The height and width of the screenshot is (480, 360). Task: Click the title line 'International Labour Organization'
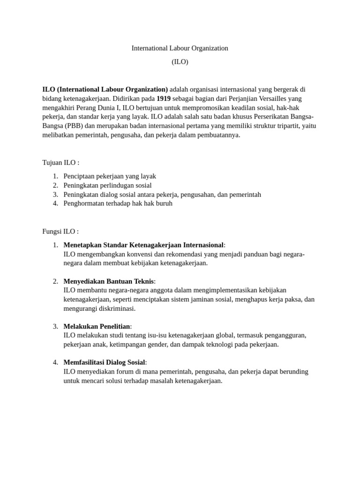tap(180, 48)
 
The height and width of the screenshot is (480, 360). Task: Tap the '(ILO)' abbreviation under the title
tap(180, 62)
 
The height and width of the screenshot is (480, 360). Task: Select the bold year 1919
tap(163, 98)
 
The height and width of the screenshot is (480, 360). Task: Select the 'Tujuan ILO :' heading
tap(61, 163)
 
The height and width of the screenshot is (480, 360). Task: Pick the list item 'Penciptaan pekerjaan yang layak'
tap(110, 176)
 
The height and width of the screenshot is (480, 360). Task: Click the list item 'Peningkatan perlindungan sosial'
tap(107, 185)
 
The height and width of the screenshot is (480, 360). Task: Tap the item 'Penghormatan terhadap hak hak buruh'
tap(118, 203)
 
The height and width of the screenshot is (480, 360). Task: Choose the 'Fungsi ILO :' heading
tap(60, 231)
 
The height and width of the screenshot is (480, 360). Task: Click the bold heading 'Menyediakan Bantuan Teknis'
tap(108, 281)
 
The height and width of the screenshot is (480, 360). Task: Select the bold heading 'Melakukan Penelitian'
tap(97, 326)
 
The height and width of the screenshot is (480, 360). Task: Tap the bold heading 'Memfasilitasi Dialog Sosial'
tap(104, 362)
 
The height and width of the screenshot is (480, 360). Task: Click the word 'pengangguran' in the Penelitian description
tap(286, 336)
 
